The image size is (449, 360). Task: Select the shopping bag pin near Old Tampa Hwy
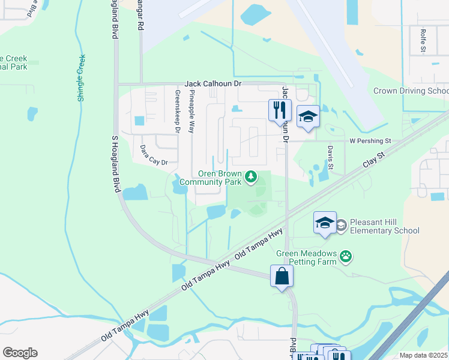pyautogui.click(x=281, y=277)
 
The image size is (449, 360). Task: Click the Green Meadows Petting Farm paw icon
pyautogui.click(x=346, y=257)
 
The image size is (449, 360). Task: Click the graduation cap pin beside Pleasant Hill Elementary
pyautogui.click(x=325, y=223)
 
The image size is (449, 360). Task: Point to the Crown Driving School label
pyautogui.click(x=411, y=91)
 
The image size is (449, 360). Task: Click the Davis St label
pyautogui.click(x=330, y=157)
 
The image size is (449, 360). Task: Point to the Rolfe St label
pyautogui.click(x=423, y=41)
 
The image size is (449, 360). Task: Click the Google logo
pyautogui.click(x=20, y=353)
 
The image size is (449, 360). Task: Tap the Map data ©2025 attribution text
pyautogui.click(x=423, y=355)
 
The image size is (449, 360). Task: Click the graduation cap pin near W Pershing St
pyautogui.click(x=308, y=116)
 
